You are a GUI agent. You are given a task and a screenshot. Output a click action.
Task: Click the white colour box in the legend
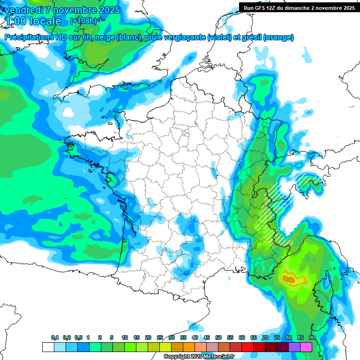(48, 347)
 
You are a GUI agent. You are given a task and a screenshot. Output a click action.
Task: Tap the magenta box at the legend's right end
(306, 347)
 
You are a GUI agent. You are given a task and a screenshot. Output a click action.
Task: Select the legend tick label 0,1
(54, 338)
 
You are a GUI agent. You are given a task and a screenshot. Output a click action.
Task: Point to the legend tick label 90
(312, 338)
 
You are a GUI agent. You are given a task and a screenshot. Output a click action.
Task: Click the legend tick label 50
(218, 338)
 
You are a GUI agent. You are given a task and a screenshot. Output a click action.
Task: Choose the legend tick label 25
(160, 338)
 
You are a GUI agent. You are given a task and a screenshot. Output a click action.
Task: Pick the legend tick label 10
(125, 338)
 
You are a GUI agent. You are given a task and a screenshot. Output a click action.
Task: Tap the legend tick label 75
(277, 338)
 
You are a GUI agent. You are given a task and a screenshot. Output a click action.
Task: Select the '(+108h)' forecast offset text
(83, 21)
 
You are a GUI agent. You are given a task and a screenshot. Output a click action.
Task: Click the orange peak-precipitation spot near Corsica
(288, 279)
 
